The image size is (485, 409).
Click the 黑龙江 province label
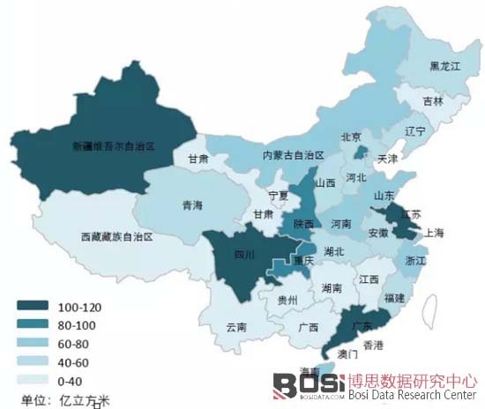point(445,66)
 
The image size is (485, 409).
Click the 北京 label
point(351,137)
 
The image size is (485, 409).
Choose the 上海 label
point(433,233)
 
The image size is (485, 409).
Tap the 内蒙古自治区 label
point(294,155)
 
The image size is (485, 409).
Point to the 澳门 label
point(347,354)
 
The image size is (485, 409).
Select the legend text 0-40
point(71,379)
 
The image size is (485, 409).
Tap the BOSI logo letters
point(295,384)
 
